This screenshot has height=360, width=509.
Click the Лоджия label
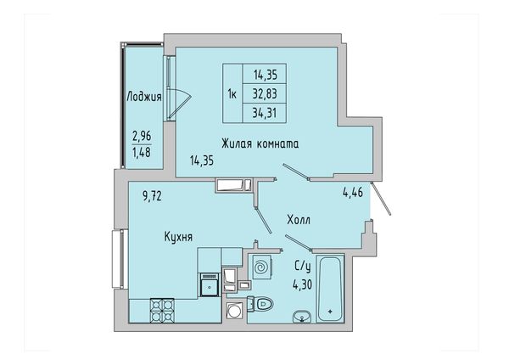coord(144,97)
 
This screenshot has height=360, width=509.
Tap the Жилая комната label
coord(260,143)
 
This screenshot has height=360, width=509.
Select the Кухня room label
coord(178,237)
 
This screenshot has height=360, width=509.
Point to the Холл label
coord(299,220)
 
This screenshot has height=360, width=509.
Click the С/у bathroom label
coord(303,267)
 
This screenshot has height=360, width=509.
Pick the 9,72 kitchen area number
coord(152,196)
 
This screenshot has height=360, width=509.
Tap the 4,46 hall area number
coord(353,193)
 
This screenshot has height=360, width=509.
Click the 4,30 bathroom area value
coord(302,284)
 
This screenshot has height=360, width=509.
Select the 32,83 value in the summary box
coord(265,94)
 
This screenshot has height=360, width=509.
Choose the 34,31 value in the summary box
coord(265,113)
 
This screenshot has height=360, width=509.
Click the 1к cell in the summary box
coord(232,94)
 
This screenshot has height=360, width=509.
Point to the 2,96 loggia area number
coord(142,136)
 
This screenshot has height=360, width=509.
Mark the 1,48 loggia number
coord(142,152)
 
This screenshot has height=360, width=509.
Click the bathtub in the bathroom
coord(330,289)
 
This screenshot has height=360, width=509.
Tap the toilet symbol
coord(260,304)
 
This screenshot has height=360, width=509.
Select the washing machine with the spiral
coord(260,267)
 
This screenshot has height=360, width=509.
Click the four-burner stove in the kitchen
coord(162,310)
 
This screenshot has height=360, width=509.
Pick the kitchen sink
coord(210,285)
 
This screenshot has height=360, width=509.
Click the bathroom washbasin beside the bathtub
coord(301,317)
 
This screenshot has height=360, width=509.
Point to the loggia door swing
coord(179,103)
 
